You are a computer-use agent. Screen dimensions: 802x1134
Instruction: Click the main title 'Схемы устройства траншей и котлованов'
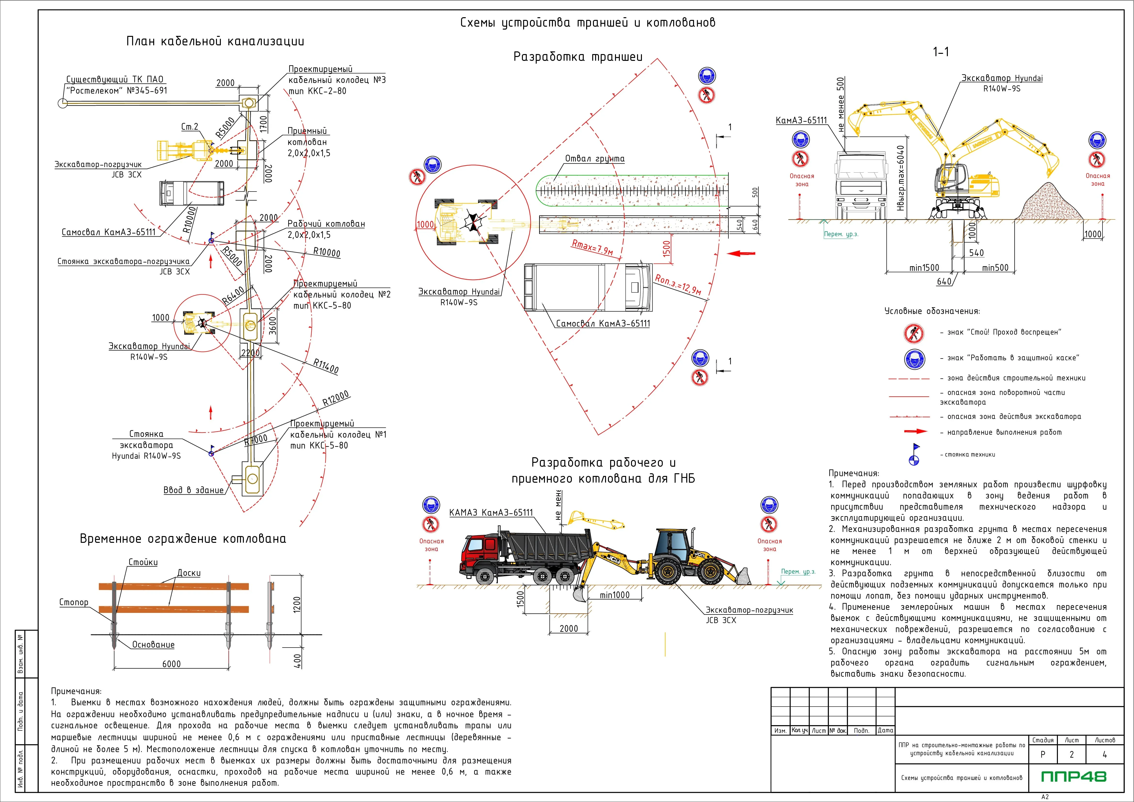587,23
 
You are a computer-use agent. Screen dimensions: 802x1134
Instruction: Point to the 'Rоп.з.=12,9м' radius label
678,285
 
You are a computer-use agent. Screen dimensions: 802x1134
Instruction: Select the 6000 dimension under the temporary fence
171,664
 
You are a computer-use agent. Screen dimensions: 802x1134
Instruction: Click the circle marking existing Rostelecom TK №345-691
62,103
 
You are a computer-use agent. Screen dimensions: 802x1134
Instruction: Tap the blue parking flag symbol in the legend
914,454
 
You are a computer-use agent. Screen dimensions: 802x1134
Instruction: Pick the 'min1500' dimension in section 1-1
924,268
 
